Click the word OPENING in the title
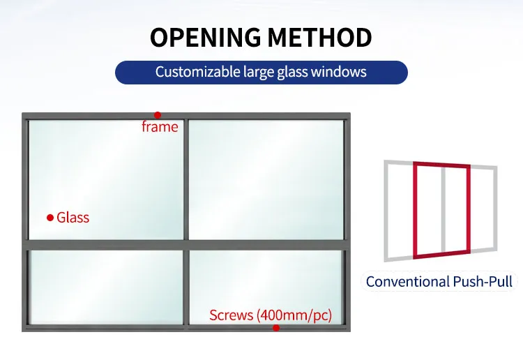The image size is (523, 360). click(x=206, y=37)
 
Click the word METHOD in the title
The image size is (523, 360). click(x=320, y=37)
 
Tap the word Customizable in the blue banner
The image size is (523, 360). click(x=198, y=72)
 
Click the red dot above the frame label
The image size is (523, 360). click(x=158, y=115)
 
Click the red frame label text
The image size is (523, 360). click(x=160, y=127)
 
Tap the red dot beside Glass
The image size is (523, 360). click(x=50, y=218)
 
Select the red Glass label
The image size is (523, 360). click(x=73, y=218)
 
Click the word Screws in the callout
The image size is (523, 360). click(x=231, y=315)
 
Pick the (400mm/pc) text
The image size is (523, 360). click(x=294, y=315)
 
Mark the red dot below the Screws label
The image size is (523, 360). click(x=276, y=328)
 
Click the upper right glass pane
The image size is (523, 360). click(x=266, y=179)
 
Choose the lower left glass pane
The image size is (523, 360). click(x=107, y=287)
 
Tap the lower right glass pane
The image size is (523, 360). click(x=266, y=287)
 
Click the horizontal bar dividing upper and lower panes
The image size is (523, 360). click(x=186, y=245)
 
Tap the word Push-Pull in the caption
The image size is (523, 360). click(x=483, y=282)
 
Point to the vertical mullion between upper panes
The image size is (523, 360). click(x=186, y=179)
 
